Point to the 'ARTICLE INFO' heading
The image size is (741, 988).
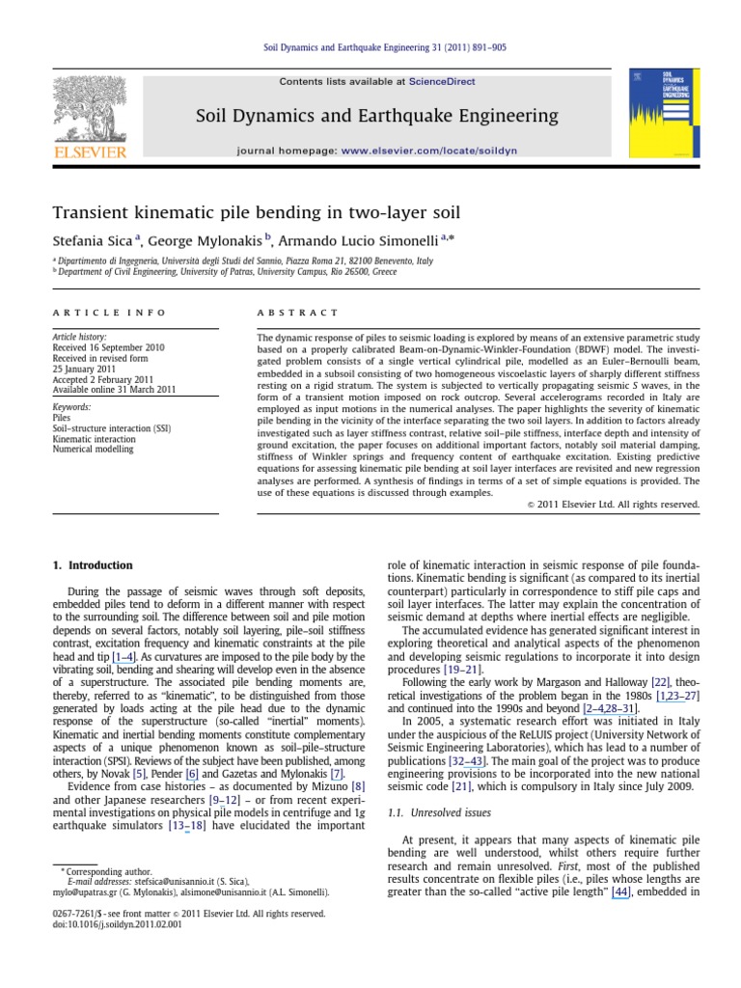pyautogui.click(x=109, y=313)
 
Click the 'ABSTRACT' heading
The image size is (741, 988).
pyautogui.click(x=297, y=313)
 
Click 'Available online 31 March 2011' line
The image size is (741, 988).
pyautogui.click(x=114, y=390)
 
